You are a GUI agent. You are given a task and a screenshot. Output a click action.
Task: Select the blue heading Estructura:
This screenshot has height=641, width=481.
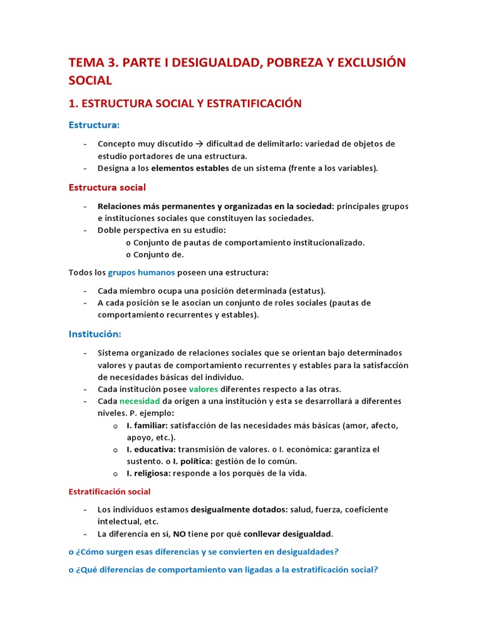point(94,125)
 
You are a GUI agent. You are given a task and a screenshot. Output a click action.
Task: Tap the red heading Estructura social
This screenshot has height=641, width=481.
point(107,187)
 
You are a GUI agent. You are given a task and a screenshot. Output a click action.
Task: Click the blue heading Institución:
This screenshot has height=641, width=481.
point(95,334)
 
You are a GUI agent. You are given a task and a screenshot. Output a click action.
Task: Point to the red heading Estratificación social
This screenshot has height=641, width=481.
point(110,491)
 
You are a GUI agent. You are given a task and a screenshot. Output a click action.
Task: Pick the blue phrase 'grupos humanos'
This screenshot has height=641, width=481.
point(142,272)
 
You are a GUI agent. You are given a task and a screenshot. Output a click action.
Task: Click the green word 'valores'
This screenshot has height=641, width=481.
point(204,389)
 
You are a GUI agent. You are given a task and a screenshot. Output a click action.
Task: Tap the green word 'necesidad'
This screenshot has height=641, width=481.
point(140,401)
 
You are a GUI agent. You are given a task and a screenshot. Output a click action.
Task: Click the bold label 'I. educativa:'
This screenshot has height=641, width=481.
point(150,449)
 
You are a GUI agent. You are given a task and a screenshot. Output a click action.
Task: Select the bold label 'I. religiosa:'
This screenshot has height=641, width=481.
point(148,473)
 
